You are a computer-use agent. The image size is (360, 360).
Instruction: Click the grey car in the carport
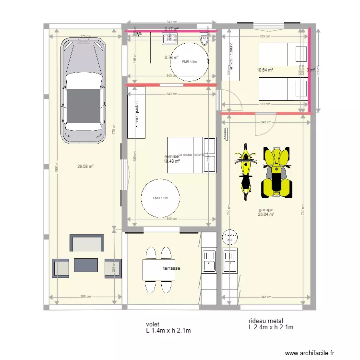point(83,91)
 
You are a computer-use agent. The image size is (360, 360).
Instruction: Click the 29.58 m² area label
point(85,167)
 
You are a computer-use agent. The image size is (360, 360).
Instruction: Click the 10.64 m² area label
point(265,70)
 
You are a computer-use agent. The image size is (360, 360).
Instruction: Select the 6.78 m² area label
point(171,58)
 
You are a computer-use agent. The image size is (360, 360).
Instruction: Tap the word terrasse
point(171,268)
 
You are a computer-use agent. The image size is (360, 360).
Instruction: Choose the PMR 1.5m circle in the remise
point(160,198)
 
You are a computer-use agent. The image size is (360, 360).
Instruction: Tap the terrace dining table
point(158,270)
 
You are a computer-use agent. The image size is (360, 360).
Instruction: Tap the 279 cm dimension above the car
point(85,36)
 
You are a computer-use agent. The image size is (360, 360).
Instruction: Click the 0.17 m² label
point(171,29)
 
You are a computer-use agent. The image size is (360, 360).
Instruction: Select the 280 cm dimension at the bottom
point(85,297)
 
